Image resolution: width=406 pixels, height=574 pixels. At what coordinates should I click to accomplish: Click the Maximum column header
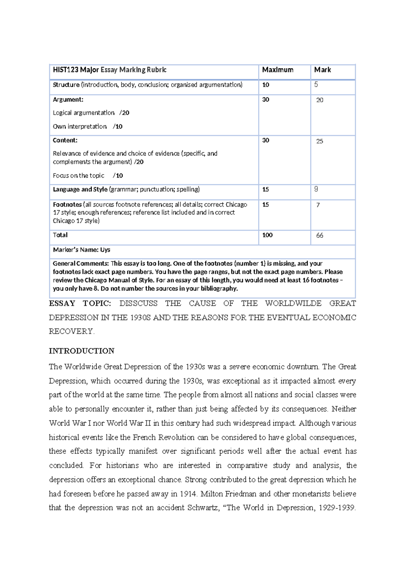(x=277, y=70)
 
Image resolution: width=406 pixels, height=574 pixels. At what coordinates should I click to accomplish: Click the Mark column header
(x=322, y=70)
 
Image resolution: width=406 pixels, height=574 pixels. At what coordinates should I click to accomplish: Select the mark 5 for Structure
(x=316, y=85)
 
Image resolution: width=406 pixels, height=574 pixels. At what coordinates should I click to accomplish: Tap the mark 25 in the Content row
(x=319, y=141)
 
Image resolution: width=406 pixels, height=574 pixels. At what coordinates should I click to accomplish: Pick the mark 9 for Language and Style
(x=316, y=190)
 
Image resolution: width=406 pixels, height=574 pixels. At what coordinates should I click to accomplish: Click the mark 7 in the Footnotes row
(x=318, y=205)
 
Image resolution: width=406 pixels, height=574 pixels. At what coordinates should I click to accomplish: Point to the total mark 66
(x=319, y=236)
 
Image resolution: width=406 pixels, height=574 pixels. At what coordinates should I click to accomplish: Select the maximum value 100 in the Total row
(x=267, y=235)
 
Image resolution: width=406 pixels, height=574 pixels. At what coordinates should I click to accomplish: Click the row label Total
(x=60, y=235)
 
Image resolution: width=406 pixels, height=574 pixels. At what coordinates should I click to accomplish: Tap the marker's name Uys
(x=105, y=250)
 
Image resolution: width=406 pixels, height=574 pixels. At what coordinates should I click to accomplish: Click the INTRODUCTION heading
(x=82, y=351)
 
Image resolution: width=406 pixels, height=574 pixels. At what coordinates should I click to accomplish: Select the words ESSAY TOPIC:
(x=80, y=303)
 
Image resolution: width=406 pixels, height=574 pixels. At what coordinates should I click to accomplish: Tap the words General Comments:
(x=81, y=264)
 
